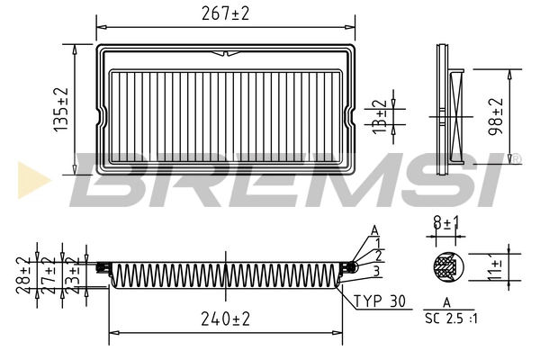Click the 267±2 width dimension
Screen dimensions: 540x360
tap(225, 13)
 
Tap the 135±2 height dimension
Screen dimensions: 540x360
tap(61, 110)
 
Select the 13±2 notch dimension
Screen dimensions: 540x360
tap(380, 117)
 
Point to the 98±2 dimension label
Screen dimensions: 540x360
tap(496, 117)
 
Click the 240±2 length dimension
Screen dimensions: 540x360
tap(226, 319)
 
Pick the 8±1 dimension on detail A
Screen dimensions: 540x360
tap(446, 223)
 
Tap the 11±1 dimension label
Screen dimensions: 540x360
tap(494, 267)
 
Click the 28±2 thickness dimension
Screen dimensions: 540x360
tap(22, 274)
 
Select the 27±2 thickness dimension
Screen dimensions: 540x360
tap(49, 274)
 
